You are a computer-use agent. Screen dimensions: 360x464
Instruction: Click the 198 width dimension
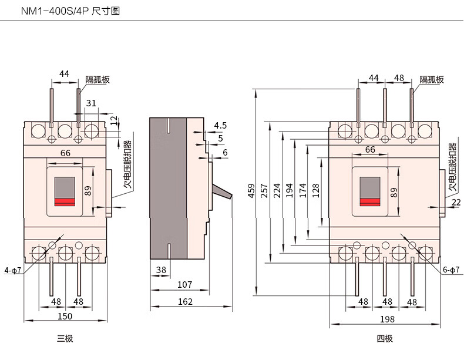pos(387,319)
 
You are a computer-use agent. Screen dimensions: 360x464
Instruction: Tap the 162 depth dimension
pos(185,302)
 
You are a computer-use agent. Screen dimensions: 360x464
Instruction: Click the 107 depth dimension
pos(184,285)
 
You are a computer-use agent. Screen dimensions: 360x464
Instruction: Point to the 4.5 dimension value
pos(220,126)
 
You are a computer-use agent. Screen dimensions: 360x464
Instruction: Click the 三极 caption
pos(65,338)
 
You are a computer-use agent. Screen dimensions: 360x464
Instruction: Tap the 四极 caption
pos(385,338)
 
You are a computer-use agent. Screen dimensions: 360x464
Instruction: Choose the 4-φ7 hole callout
pos(12,271)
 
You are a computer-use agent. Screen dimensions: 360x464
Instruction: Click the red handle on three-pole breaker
pos(65,202)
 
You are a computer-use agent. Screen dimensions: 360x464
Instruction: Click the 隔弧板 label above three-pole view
pos(97,80)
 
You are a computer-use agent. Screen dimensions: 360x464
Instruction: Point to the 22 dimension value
pos(456,203)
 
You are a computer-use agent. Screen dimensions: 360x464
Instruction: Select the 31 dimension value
pos(91,103)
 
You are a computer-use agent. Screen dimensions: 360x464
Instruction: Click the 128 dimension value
pos(316,191)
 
